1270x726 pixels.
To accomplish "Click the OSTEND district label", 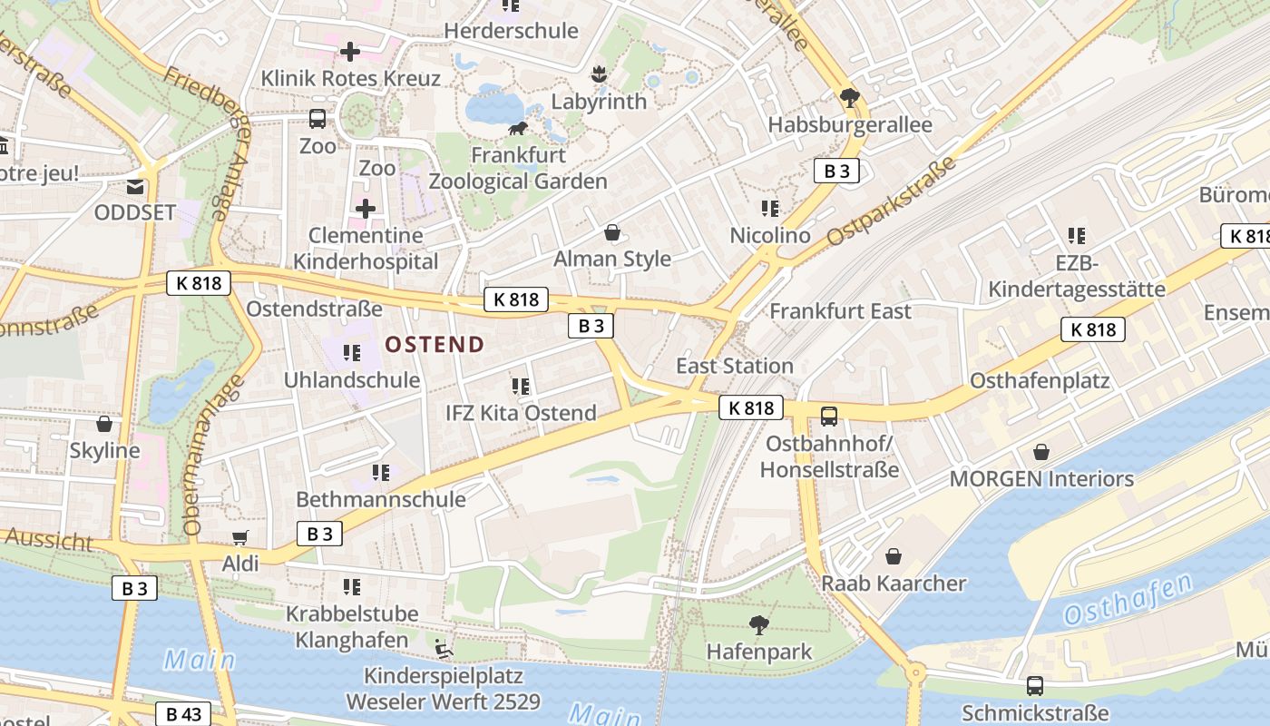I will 435,345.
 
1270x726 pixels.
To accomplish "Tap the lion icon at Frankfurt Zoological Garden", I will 518,129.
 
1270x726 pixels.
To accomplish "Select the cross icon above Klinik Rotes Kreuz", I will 349,52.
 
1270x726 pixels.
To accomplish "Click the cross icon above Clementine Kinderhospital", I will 365,210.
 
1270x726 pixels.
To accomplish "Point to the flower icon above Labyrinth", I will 599,74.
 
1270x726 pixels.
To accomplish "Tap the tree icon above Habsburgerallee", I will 850,97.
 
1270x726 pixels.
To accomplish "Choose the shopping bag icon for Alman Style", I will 612,233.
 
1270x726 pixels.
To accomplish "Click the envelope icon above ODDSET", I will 135,187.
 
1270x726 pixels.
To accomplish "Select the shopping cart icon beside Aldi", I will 239,538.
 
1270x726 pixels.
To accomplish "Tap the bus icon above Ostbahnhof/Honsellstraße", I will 829,417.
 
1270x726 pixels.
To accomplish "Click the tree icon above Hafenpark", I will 758,624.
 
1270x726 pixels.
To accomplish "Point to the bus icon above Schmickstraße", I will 1035,686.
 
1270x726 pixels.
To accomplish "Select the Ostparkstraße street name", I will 892,201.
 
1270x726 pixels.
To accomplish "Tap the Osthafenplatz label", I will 1040,380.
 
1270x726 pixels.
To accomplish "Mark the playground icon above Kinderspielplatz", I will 443,649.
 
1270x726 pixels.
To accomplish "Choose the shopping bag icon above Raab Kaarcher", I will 894,556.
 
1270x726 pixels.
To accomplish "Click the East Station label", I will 735,366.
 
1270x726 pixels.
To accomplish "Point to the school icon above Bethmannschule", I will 381,473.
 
